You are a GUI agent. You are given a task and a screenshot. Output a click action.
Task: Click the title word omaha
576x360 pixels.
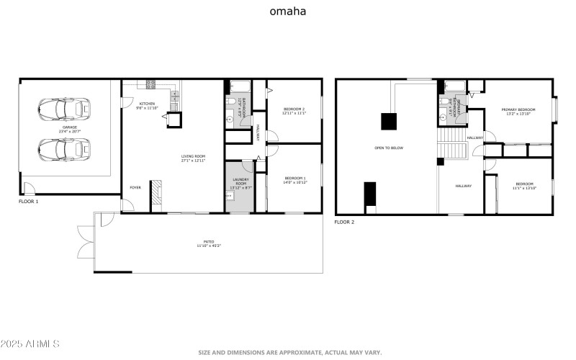coord(288,12)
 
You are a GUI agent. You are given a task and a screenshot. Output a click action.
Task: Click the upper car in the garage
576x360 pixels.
coord(64,109)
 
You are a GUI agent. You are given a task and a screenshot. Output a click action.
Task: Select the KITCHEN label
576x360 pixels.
coord(147,104)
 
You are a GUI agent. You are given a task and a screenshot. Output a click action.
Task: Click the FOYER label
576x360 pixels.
coord(135,187)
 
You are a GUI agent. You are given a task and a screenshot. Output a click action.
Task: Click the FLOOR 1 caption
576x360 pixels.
coord(29,202)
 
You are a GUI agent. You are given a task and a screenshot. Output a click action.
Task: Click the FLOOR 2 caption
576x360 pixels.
coord(344,222)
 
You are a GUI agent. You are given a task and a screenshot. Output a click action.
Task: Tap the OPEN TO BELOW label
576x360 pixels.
coord(389,148)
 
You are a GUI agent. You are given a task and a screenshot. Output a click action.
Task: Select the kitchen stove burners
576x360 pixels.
coord(151,84)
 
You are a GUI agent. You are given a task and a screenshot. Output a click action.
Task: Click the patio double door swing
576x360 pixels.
coord(84,235)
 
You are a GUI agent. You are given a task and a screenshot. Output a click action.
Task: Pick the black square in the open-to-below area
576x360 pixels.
coord(389,121)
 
